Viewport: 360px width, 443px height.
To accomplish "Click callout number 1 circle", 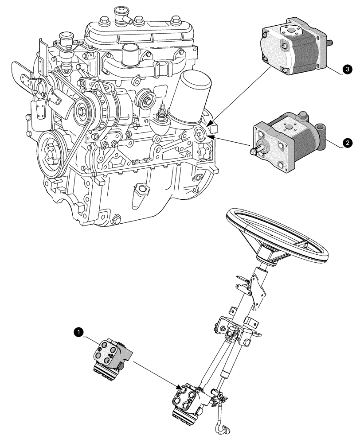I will pos(78,331).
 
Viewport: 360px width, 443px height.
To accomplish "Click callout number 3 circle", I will pos(346,70).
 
